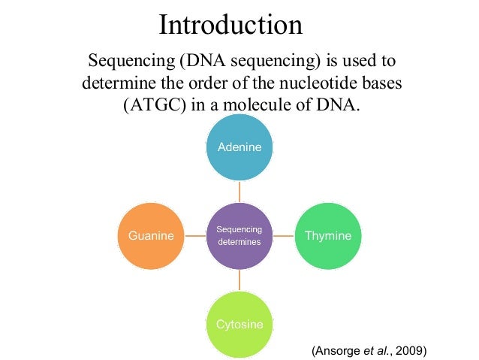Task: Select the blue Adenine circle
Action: (239, 147)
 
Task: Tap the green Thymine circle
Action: (328, 236)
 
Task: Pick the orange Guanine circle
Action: (151, 236)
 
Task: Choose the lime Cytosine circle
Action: (239, 325)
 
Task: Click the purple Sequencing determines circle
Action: (239, 236)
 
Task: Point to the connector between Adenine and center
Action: (239, 192)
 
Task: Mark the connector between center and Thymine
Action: (284, 236)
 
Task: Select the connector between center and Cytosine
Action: (239, 280)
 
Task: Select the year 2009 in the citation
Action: (409, 350)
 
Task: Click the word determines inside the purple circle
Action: (239, 242)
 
